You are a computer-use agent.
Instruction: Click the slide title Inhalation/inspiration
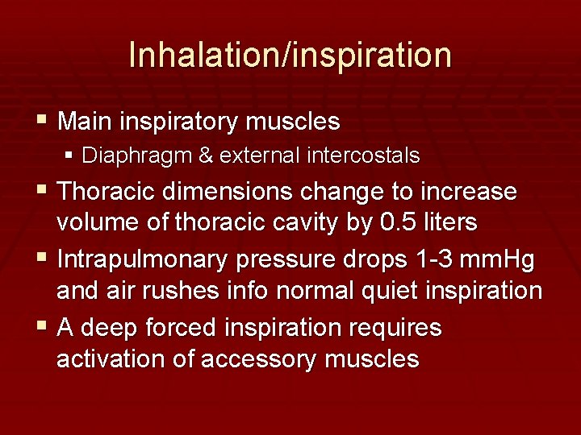(290, 55)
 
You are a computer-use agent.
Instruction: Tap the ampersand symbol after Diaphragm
(205, 155)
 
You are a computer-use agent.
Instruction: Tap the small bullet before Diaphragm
(70, 155)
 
